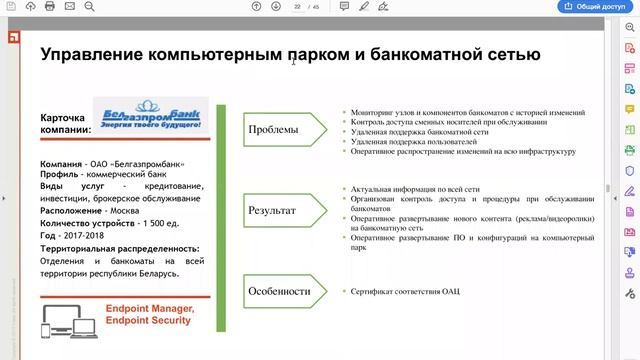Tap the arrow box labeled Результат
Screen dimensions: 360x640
pos(278,211)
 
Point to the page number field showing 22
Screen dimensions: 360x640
pos(297,6)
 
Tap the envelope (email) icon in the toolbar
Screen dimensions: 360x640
pos(69,6)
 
